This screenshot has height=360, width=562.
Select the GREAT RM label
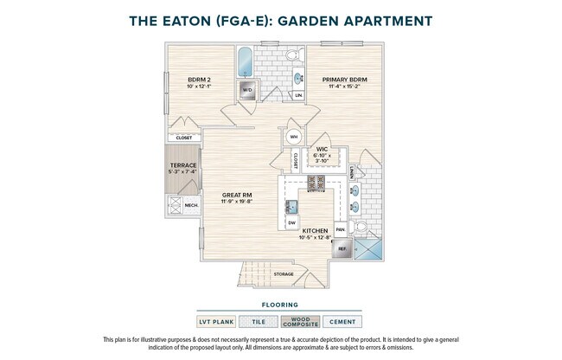tap(236, 196)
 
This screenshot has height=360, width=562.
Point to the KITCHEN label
tap(315, 231)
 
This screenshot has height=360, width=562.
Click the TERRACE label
tap(182, 165)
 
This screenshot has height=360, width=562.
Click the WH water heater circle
tap(293, 137)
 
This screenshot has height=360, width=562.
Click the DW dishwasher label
tap(291, 222)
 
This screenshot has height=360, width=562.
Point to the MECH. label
tap(191, 206)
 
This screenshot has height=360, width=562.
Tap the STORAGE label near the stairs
tap(284, 274)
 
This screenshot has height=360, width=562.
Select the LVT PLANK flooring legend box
tap(216, 322)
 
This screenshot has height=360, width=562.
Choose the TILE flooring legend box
tap(258, 322)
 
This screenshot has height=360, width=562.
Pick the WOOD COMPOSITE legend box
tap(301, 322)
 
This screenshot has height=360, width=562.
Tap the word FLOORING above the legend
tap(280, 305)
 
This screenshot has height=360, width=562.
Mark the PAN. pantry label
tap(340, 229)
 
